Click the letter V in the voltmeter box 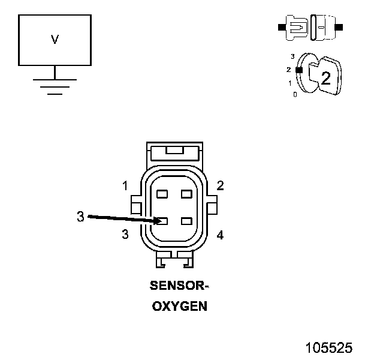pyautogui.click(x=55, y=40)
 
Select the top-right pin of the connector pyautogui.click(x=186, y=194)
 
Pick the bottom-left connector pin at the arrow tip pyautogui.click(x=162, y=220)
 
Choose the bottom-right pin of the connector pyautogui.click(x=186, y=220)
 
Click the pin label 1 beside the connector pyautogui.click(x=125, y=186)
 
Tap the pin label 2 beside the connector pyautogui.click(x=220, y=185)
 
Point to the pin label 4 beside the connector pyautogui.click(x=220, y=235)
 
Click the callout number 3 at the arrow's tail pyautogui.click(x=80, y=217)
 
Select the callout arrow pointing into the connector pyautogui.click(x=123, y=219)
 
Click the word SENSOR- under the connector pyautogui.click(x=179, y=286)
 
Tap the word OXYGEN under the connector pyautogui.click(x=179, y=306)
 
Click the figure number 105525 pyautogui.click(x=328, y=348)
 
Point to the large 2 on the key pyautogui.click(x=325, y=77)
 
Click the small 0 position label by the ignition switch pyautogui.click(x=295, y=95)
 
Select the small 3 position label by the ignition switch pyautogui.click(x=292, y=56)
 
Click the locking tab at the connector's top pyautogui.click(x=174, y=152)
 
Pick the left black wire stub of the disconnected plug pyautogui.click(x=281, y=27)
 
